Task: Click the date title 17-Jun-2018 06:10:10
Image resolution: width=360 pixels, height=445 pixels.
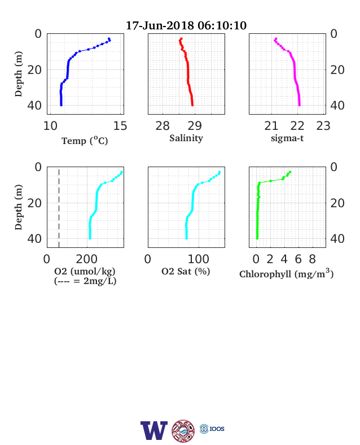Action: pos(186,25)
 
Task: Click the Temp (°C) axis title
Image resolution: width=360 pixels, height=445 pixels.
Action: pos(85,141)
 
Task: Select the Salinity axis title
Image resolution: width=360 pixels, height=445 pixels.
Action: pos(186,138)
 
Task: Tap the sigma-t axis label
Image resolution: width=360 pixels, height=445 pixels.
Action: pos(287,138)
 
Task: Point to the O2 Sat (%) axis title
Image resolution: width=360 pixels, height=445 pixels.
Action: pos(186,271)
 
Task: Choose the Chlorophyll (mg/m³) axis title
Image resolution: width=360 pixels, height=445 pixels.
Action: pos(286,273)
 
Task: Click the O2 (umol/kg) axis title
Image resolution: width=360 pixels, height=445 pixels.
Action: pos(85,271)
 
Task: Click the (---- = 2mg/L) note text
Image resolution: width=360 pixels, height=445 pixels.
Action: pos(85,281)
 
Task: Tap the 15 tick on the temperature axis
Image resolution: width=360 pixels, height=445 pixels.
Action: pos(120,126)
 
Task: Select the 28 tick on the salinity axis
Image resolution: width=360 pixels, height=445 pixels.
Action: pos(163,126)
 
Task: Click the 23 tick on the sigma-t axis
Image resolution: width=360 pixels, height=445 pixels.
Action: pos(323,126)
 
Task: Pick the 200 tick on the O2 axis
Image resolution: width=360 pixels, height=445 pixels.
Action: pos(86,259)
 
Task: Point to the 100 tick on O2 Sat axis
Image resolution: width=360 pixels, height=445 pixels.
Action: pos(199,259)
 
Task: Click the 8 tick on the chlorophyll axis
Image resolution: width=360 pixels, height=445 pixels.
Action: pos(312,259)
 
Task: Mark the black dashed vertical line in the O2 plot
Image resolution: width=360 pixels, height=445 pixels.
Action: pos(59,208)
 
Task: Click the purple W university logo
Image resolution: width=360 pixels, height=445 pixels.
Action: pos(154,430)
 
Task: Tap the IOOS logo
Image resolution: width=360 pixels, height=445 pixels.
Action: pos(212,429)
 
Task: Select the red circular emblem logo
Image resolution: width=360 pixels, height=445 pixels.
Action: pos(183,431)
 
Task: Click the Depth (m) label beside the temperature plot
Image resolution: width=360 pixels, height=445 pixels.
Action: pos(19,74)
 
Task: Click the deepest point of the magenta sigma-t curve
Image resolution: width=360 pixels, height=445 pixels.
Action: pos(299,105)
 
